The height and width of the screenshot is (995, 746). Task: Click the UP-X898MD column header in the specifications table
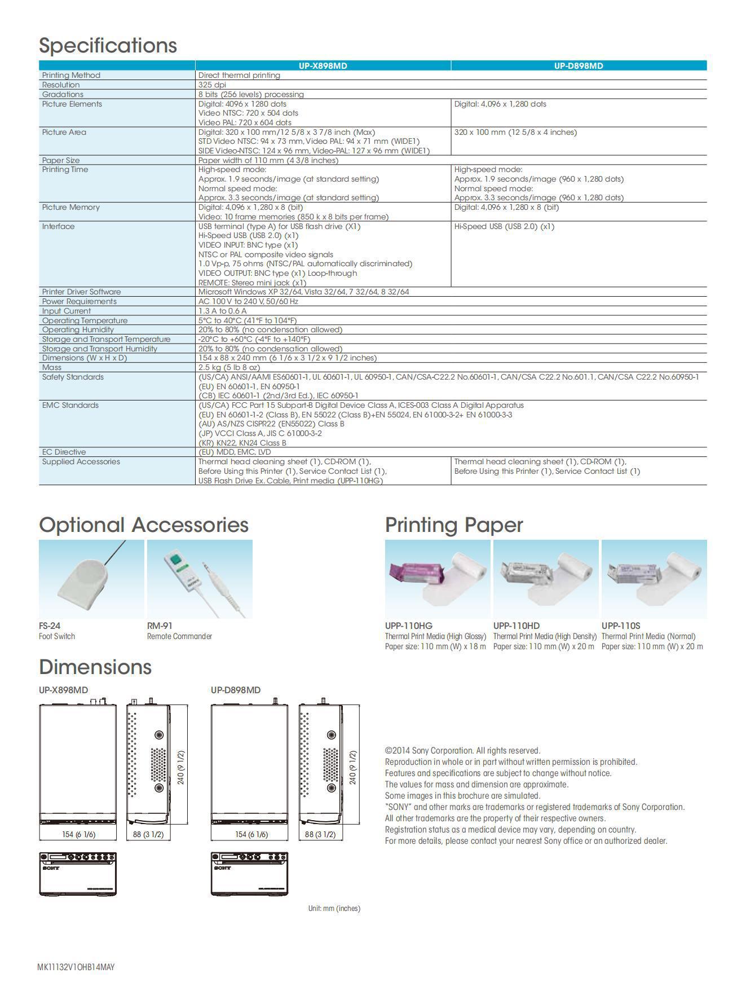(323, 66)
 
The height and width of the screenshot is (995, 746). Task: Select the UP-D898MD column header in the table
(578, 66)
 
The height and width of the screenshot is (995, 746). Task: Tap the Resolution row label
(61, 85)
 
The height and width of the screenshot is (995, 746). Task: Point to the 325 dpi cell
(212, 85)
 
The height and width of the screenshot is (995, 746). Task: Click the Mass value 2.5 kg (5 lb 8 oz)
(229, 367)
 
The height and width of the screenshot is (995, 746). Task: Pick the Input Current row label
(66, 311)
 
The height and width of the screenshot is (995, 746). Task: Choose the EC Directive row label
(64, 452)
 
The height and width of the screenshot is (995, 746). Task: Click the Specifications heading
(108, 46)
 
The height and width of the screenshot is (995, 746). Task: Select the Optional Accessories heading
(143, 525)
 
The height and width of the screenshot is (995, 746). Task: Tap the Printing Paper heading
(454, 525)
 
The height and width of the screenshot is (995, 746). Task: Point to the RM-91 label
(160, 626)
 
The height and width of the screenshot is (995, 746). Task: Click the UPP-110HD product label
(516, 626)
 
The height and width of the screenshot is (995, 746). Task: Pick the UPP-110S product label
(621, 626)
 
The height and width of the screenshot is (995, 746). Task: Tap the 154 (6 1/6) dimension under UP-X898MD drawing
(78, 834)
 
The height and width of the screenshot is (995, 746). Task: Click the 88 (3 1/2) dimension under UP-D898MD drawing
(320, 834)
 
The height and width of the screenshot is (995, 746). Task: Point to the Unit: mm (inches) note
(334, 908)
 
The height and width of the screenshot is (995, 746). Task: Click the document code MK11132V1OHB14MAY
(76, 967)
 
